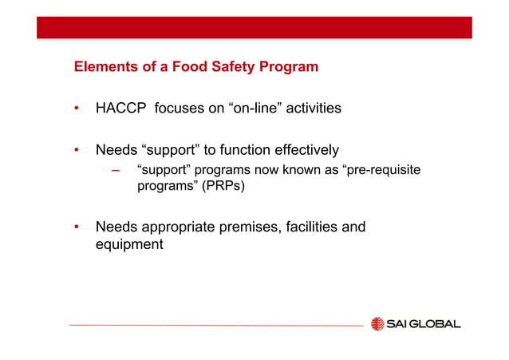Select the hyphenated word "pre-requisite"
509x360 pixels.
pos(381,170)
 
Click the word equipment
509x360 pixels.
pos(129,244)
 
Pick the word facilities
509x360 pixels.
pos(313,227)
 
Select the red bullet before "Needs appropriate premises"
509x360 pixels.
pos(77,227)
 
